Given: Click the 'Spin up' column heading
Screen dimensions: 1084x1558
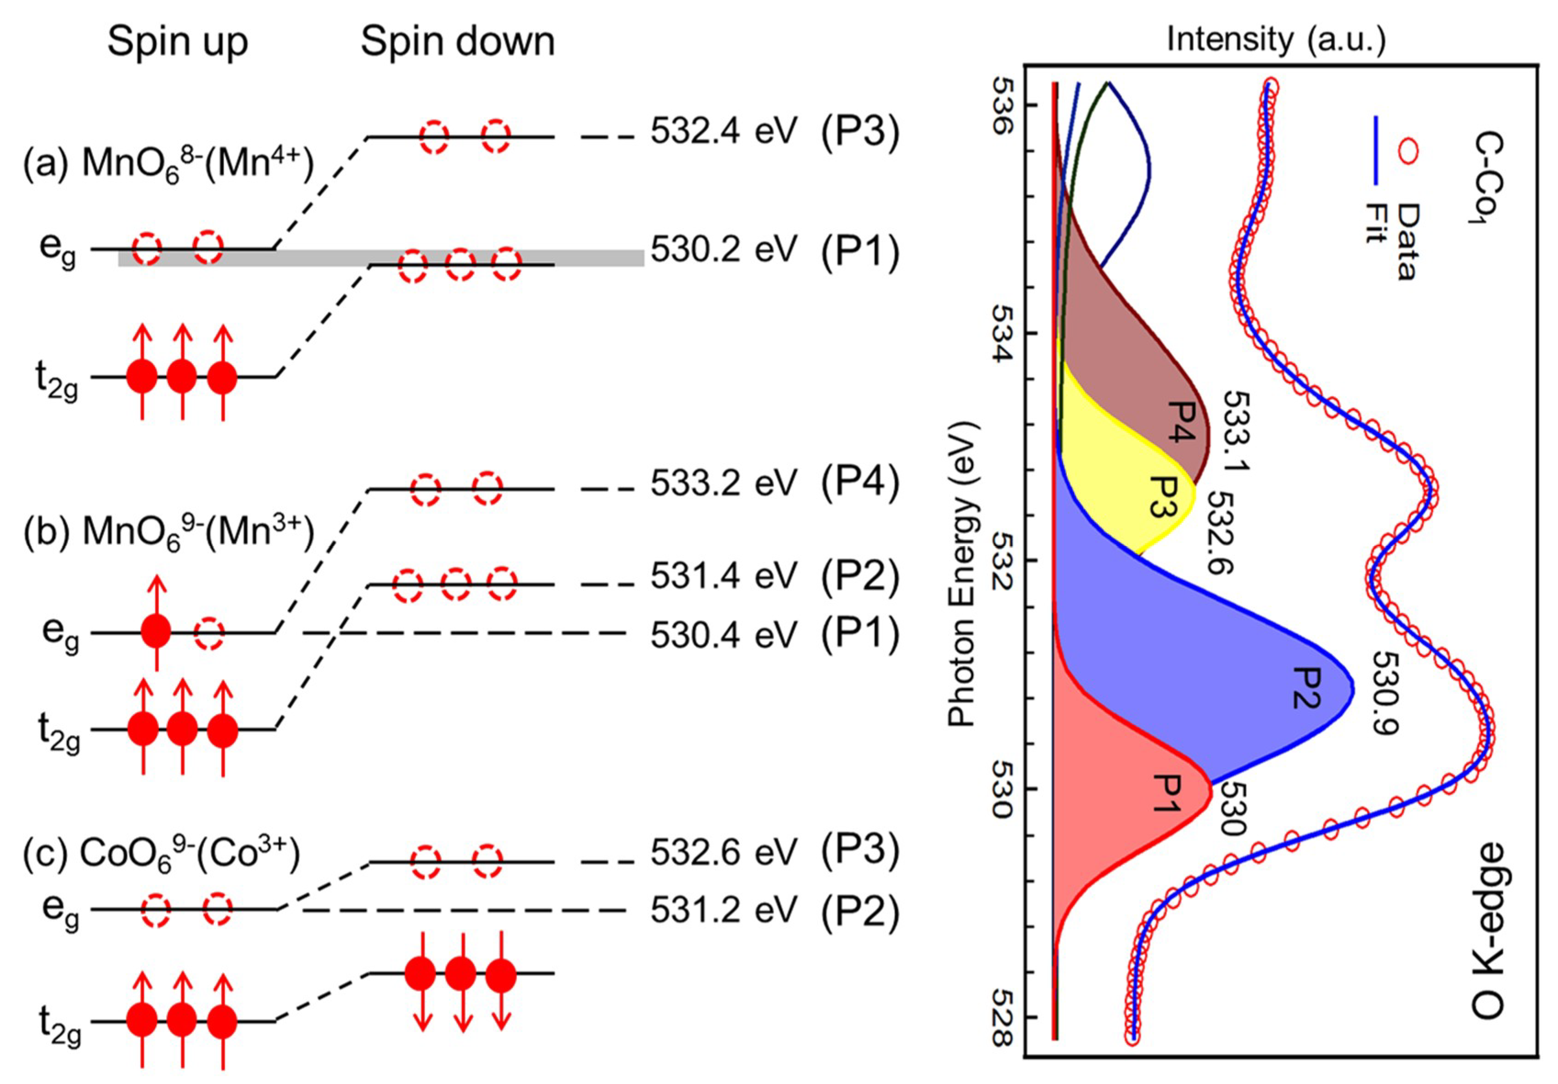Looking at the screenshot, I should point(178,42).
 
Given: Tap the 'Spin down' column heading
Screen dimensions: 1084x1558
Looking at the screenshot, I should point(458,42).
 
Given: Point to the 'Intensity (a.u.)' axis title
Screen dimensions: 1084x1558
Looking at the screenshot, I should point(1276,39).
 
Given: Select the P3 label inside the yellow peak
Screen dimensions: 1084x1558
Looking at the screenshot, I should point(1162,496).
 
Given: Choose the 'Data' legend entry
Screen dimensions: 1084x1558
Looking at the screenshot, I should point(1406,241).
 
